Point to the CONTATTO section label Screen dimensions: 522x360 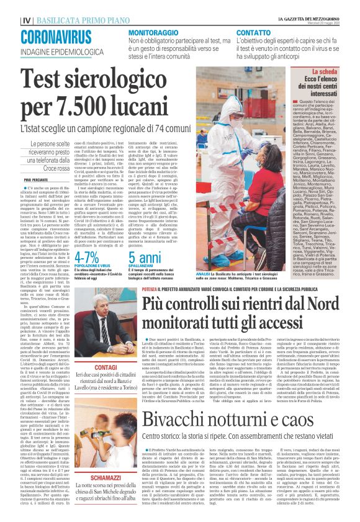click(x=253, y=31)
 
